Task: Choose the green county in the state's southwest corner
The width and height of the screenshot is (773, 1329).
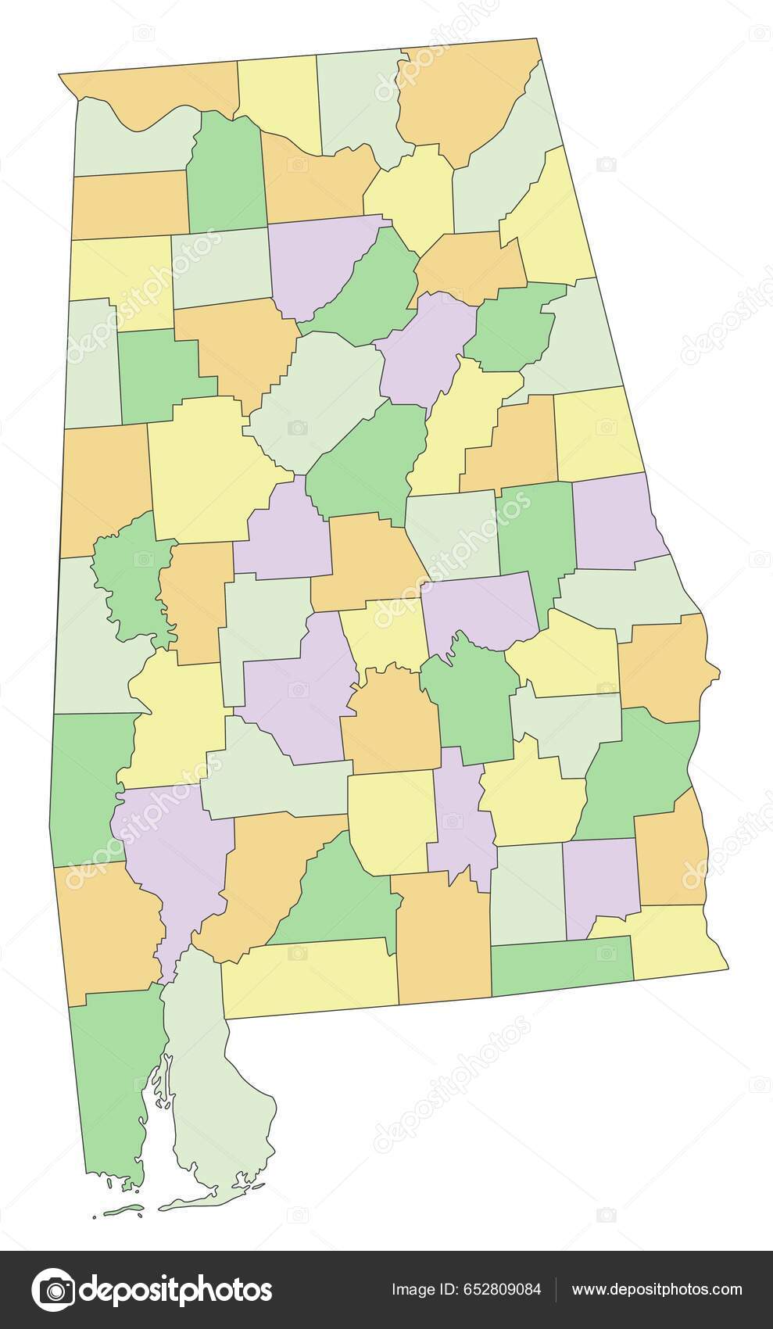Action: pos(109,1079)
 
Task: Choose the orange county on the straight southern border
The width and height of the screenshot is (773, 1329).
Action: pos(443,938)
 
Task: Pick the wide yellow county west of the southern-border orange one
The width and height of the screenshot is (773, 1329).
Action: pos(313,977)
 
